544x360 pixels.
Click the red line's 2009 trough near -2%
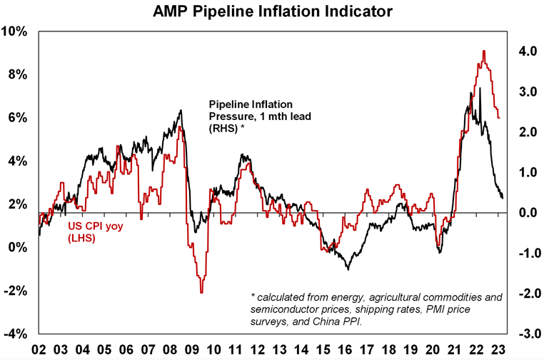[201, 292]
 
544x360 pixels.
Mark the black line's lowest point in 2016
[348, 269]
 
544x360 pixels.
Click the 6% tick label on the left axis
[16, 118]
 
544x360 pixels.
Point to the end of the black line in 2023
[503, 198]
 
